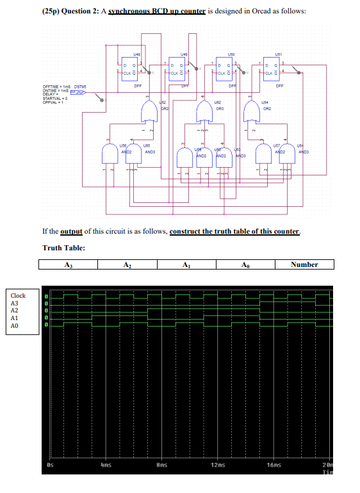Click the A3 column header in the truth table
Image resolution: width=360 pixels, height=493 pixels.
click(68, 264)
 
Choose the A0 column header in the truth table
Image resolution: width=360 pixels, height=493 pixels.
click(245, 264)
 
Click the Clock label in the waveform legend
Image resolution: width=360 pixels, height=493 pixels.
click(18, 295)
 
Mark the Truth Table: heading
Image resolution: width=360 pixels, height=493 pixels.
click(64, 248)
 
